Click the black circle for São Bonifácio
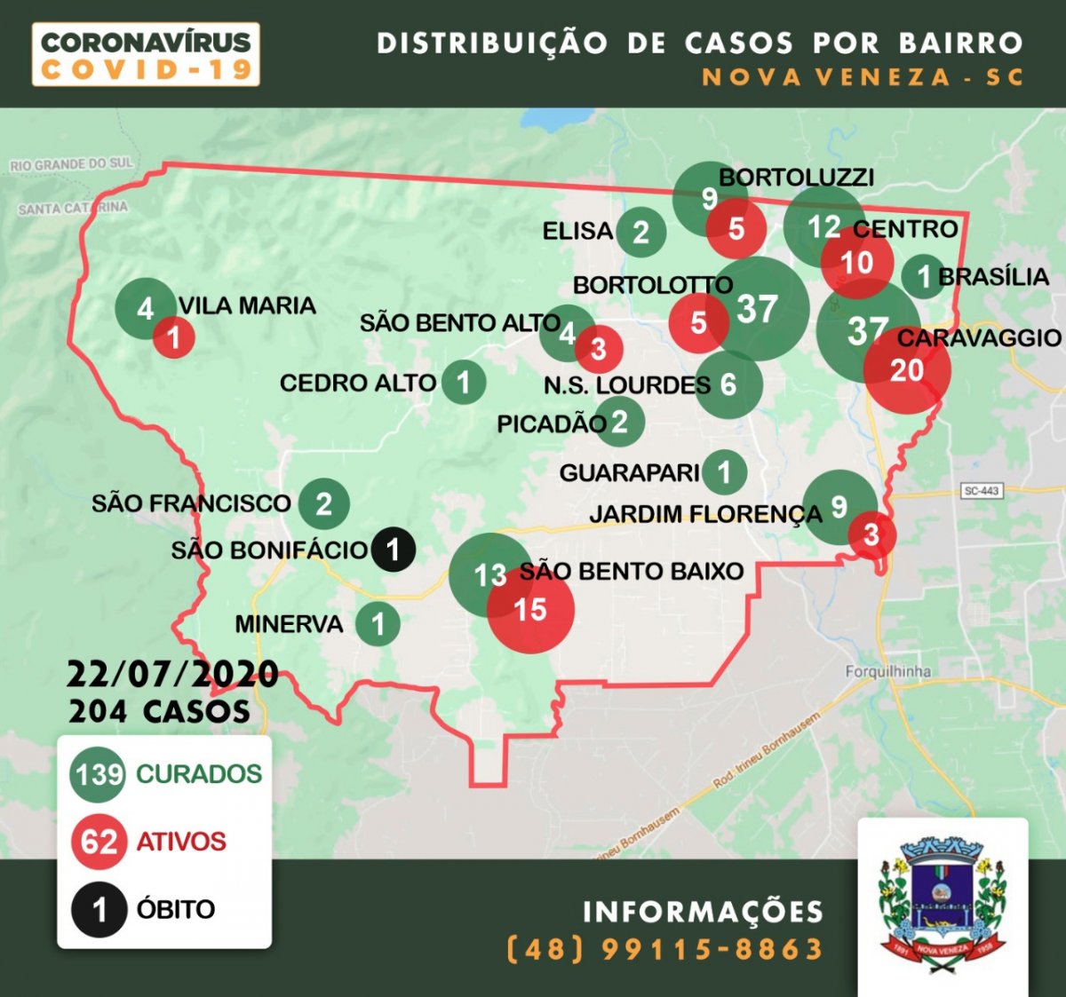tap(393, 550)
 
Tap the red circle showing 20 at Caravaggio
tap(907, 370)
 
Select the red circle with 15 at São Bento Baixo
tap(530, 610)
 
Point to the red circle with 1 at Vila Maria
tap(174, 337)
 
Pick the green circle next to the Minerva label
tap(378, 624)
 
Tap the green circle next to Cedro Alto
tap(463, 383)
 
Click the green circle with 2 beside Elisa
tap(640, 232)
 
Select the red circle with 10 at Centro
tap(857, 262)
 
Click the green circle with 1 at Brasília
tap(923, 276)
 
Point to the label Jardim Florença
tap(705, 514)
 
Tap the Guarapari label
tap(629, 472)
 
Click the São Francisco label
tap(191, 503)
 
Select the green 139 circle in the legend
tap(99, 774)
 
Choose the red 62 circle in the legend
tap(99, 841)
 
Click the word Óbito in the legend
tap(176, 909)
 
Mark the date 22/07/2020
tap(172, 674)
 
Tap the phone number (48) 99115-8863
tap(664, 949)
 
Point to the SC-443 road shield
tap(982, 491)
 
